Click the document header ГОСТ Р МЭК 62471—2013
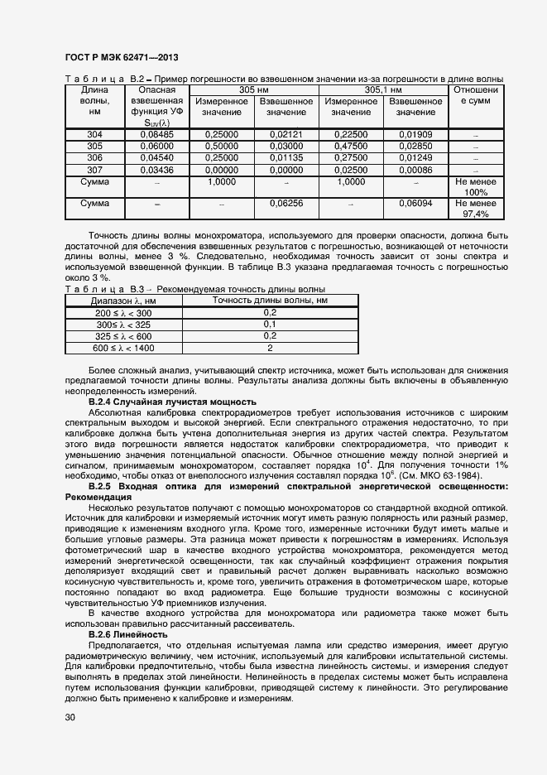coord(121,58)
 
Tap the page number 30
coord(70,717)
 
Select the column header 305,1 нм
coord(383,89)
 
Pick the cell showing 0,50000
coord(221,146)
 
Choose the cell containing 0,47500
coord(351,146)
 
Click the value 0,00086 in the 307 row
coord(415,169)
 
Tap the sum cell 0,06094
coord(415,203)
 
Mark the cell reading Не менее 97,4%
coord(475,208)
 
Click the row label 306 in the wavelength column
coord(94,157)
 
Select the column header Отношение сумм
coord(475,95)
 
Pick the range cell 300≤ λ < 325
coord(123,325)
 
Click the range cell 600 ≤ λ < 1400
coord(123,348)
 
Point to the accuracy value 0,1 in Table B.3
coord(269,325)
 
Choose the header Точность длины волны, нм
coord(270,301)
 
